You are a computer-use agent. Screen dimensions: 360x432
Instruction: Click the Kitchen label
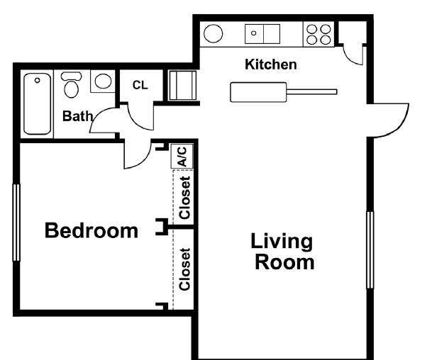270,65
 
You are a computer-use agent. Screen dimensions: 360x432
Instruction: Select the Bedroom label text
92,230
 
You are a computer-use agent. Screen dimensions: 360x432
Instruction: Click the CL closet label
140,85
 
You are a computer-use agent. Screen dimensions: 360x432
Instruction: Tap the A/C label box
182,156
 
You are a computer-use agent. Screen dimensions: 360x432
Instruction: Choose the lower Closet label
184,269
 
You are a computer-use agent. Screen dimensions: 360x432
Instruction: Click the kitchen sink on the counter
262,33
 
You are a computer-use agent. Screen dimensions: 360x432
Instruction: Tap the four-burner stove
319,33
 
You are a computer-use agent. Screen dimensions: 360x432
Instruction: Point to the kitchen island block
258,92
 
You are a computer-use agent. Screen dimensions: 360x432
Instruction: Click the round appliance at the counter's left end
214,33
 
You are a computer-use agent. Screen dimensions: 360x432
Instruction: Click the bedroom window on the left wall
16,222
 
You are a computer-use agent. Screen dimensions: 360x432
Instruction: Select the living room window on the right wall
370,249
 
